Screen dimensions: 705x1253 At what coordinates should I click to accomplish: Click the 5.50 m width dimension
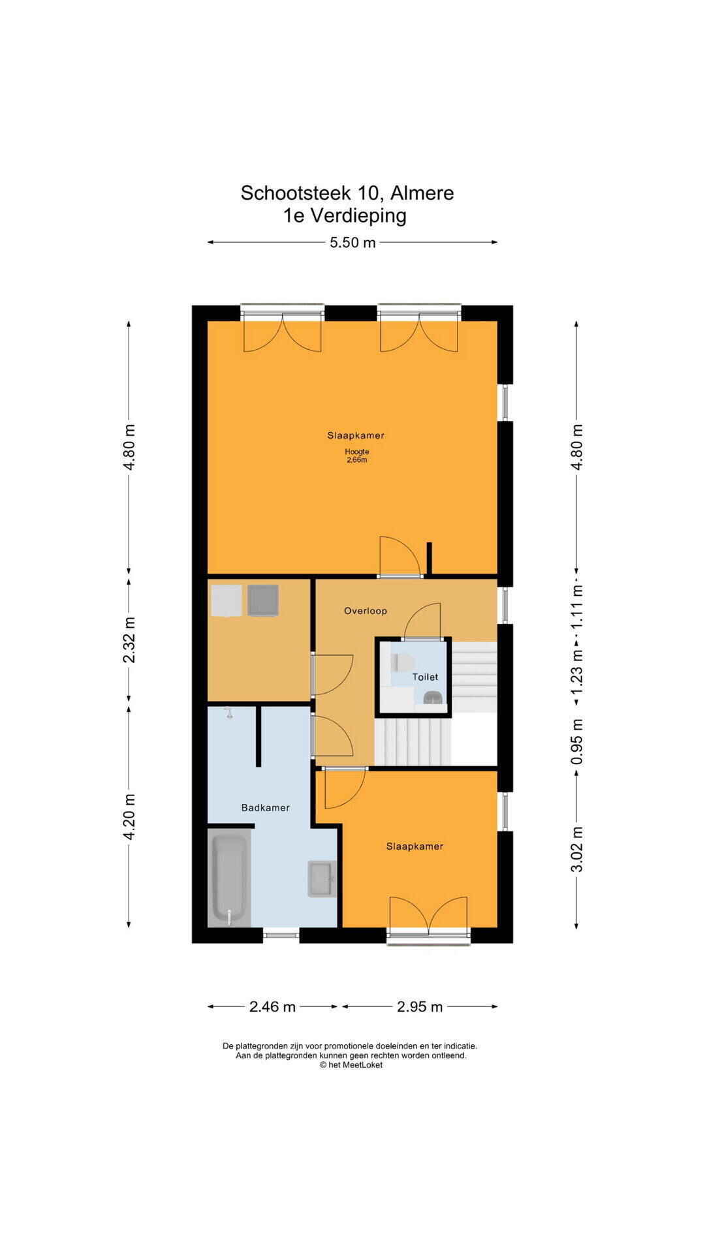pyautogui.click(x=352, y=243)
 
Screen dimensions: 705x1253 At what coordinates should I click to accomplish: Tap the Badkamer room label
pyautogui.click(x=265, y=808)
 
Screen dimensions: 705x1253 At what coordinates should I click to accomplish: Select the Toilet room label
pyautogui.click(x=425, y=677)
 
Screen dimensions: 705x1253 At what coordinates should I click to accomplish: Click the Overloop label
pyautogui.click(x=366, y=611)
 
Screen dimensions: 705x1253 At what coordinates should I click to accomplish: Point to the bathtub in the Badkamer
pyautogui.click(x=229, y=878)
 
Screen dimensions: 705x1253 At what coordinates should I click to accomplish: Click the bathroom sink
pyautogui.click(x=322, y=879)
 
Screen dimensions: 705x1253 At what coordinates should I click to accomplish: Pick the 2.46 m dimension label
pyautogui.click(x=272, y=1007)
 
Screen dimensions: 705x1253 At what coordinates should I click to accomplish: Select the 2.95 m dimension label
pyautogui.click(x=420, y=1007)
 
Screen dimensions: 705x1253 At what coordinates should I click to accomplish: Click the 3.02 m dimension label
pyautogui.click(x=577, y=849)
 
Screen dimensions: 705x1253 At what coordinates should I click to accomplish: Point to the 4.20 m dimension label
pyautogui.click(x=129, y=817)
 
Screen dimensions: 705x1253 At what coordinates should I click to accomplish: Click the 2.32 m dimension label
pyautogui.click(x=129, y=640)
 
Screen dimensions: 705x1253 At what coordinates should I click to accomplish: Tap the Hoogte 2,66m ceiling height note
pyautogui.click(x=357, y=456)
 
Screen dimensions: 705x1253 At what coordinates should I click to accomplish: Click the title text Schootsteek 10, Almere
pyautogui.click(x=347, y=193)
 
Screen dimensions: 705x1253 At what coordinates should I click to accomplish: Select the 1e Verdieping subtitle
pyautogui.click(x=345, y=215)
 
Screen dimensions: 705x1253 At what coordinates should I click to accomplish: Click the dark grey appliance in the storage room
pyautogui.click(x=263, y=600)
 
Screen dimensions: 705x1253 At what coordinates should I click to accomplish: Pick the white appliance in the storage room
pyautogui.click(x=227, y=600)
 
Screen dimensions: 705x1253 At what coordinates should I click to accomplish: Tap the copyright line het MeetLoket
pyautogui.click(x=351, y=1065)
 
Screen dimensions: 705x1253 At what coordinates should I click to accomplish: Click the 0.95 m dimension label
pyautogui.click(x=577, y=742)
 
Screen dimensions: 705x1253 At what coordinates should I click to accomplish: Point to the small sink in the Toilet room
pyautogui.click(x=432, y=698)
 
